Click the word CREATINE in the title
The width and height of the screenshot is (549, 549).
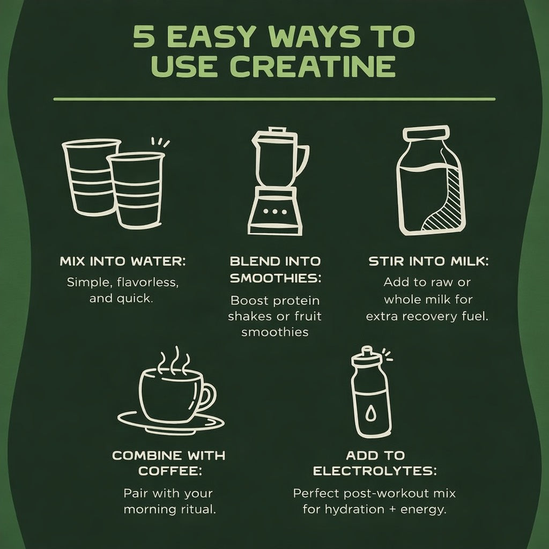coord(313,66)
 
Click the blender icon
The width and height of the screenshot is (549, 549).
coord(278,181)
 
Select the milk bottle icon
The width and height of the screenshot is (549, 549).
coord(431,180)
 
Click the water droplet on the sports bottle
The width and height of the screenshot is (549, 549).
coord(370,413)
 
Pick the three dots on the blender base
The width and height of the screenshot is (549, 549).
coord(275,211)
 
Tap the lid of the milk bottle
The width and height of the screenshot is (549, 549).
coord(426,133)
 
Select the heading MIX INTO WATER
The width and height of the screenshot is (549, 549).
coord(123,261)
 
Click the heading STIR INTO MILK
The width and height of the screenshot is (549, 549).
coord(428,261)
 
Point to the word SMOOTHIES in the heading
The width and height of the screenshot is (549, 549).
coord(275,278)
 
